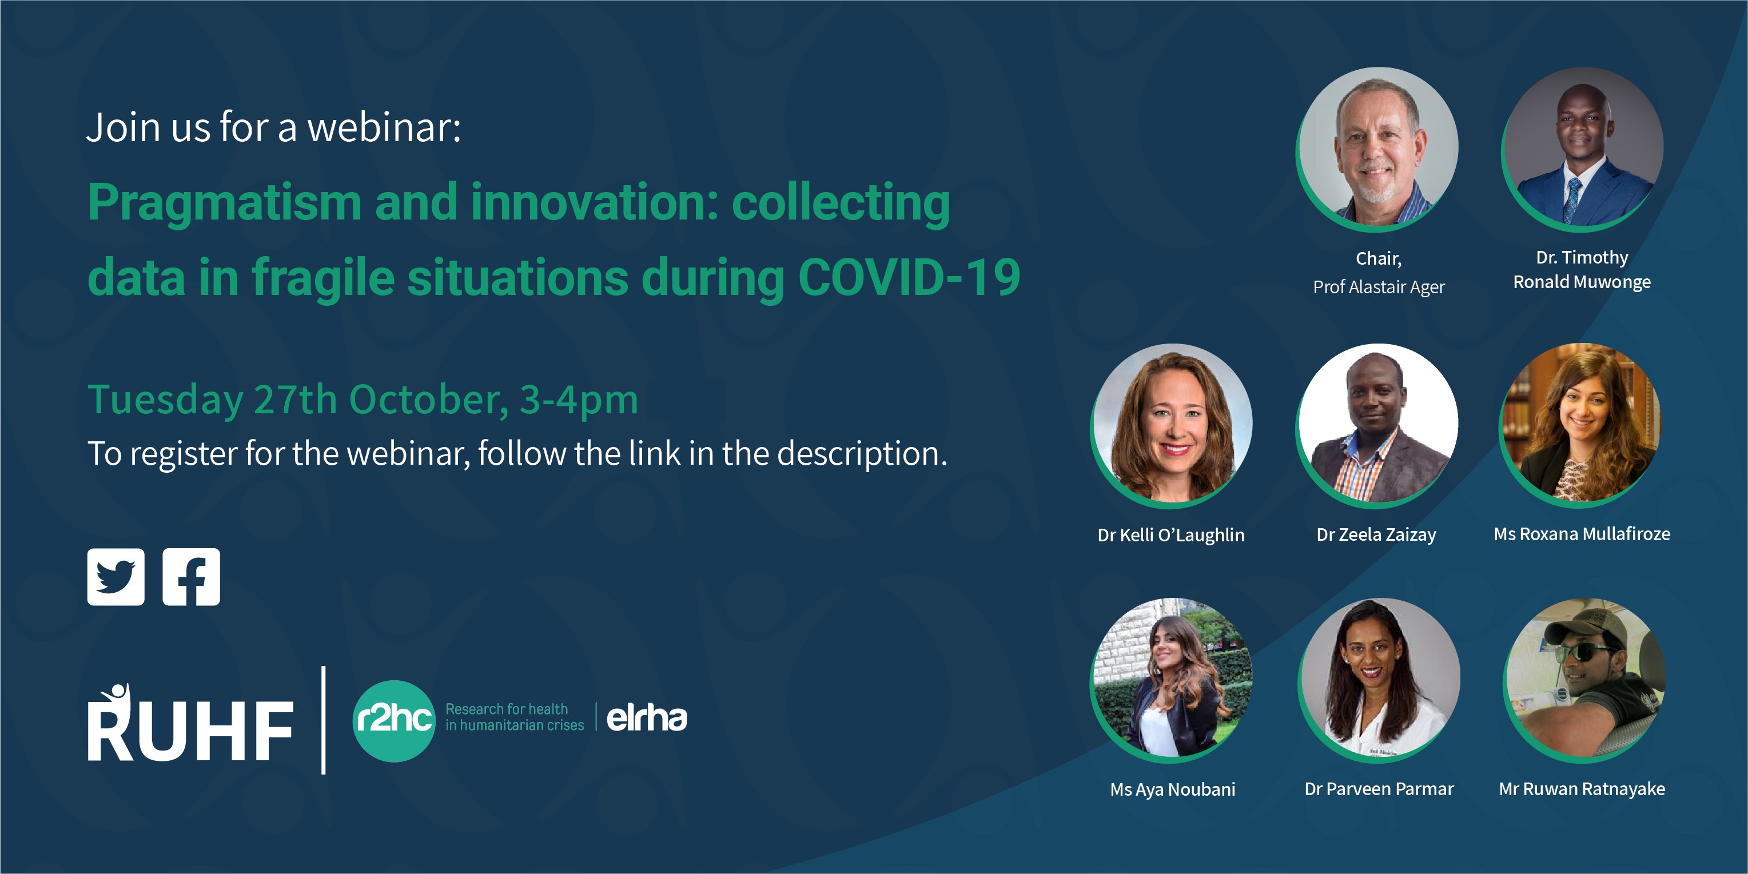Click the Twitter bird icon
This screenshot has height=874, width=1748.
(116, 577)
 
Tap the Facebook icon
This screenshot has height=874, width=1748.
(192, 577)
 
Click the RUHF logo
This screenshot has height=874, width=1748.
(190, 722)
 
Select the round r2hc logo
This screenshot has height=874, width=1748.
(394, 721)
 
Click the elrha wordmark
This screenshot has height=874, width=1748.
(647, 718)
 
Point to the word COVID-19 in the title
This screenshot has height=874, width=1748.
(909, 278)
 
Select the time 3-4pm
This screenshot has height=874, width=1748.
(579, 400)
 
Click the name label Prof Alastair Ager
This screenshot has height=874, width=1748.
(1379, 287)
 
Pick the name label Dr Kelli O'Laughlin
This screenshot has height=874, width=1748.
(1171, 534)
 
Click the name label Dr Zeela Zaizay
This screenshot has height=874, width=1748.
(1376, 534)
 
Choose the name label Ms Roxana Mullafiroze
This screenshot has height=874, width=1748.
(1582, 534)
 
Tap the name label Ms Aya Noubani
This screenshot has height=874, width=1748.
(1173, 789)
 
